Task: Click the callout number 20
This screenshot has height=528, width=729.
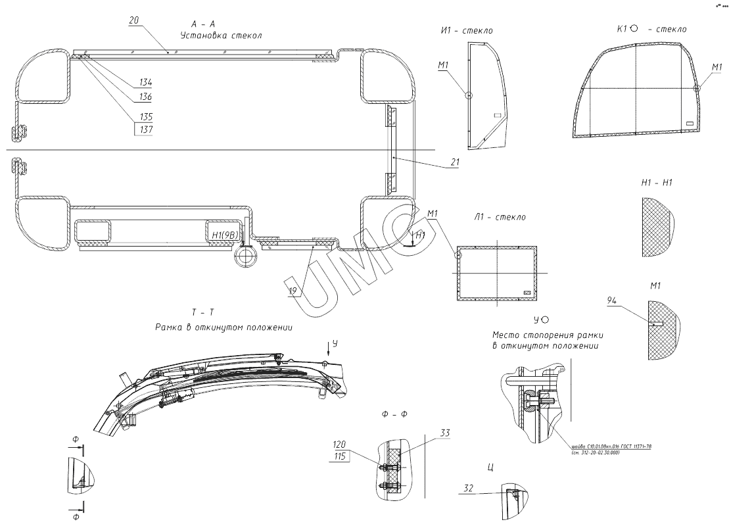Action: pyautogui.click(x=133, y=21)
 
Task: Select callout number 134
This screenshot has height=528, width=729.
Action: pyautogui.click(x=145, y=83)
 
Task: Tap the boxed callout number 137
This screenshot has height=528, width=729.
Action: pyautogui.click(x=145, y=130)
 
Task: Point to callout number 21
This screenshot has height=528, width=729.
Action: pyautogui.click(x=455, y=162)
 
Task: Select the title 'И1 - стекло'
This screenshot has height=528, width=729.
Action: pyautogui.click(x=467, y=30)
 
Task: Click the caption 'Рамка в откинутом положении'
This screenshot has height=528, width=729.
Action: pyautogui.click(x=224, y=327)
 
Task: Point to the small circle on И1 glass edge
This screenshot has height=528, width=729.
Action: pyautogui.click(x=468, y=95)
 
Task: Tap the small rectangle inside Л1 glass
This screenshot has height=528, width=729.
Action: pyautogui.click(x=526, y=292)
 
